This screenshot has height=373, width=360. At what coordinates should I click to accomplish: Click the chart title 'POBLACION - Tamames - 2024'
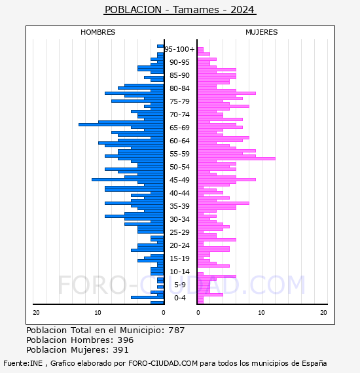coord(179,10)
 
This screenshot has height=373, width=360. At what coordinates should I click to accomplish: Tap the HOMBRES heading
coord(98,32)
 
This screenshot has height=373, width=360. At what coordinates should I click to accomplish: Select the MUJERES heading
coord(262,32)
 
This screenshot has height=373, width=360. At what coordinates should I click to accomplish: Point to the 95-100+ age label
coord(179,49)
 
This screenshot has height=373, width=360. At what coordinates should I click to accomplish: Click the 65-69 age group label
coord(179,128)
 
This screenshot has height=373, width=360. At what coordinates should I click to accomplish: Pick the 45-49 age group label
coord(179,180)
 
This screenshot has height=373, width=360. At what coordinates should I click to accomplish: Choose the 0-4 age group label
coord(179,298)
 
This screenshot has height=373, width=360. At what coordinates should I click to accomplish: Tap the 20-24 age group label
coord(179,245)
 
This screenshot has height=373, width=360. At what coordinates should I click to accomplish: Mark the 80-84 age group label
coord(179,88)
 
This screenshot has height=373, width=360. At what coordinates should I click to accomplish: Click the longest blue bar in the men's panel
coord(121,124)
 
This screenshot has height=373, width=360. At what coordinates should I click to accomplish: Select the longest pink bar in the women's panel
coord(236,158)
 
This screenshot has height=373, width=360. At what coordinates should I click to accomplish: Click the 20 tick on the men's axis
coord(36,313)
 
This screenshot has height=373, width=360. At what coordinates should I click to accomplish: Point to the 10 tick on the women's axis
coord(261,313)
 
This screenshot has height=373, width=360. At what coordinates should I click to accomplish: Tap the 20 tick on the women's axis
coord(323,313)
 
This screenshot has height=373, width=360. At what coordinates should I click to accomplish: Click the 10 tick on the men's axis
coord(98,313)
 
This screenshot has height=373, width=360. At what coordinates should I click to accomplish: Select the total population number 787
coord(176,330)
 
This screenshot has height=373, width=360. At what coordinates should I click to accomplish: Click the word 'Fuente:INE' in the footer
coord(23,363)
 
